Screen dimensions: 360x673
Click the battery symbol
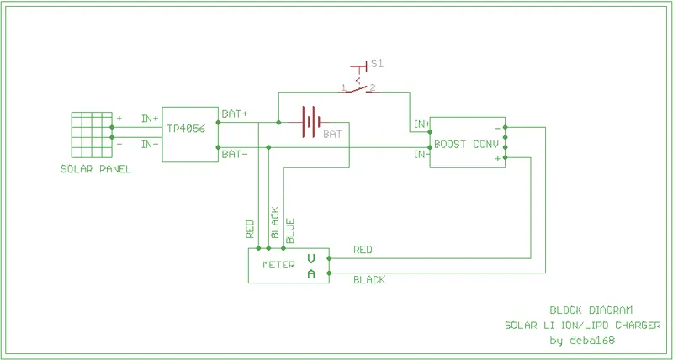(x=310, y=123)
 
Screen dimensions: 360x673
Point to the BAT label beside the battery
(x=332, y=134)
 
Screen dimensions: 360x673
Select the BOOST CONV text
(x=466, y=144)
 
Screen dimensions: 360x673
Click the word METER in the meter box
(x=278, y=264)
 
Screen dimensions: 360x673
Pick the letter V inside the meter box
(x=310, y=258)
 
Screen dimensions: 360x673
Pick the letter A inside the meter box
(x=310, y=274)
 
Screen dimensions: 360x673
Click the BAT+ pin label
(x=234, y=114)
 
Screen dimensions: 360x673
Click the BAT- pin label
(x=234, y=154)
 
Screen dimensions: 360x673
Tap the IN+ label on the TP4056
(x=150, y=119)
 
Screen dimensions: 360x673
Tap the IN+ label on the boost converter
(x=421, y=125)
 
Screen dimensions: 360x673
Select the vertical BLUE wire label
(x=290, y=231)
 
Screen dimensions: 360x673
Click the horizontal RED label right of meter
(x=363, y=250)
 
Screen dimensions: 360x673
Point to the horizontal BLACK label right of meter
(x=368, y=280)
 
